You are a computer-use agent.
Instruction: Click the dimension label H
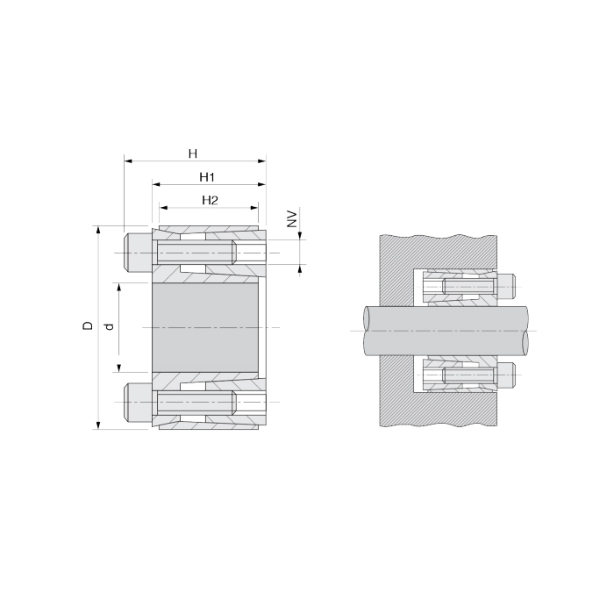click(192, 153)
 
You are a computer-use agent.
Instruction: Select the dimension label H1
click(207, 176)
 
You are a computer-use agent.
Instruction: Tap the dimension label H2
click(210, 200)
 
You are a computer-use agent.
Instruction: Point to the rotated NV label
click(293, 218)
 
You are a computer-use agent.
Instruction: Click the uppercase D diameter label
click(87, 326)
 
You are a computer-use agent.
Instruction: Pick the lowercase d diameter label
click(109, 326)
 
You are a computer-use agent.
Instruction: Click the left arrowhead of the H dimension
click(128, 161)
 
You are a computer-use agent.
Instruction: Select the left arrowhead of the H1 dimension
click(156, 184)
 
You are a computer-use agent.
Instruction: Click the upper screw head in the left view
click(138, 253)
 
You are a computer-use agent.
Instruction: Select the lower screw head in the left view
click(138, 402)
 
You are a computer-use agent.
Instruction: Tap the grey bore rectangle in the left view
click(206, 327)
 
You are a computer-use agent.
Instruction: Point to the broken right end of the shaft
click(527, 331)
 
